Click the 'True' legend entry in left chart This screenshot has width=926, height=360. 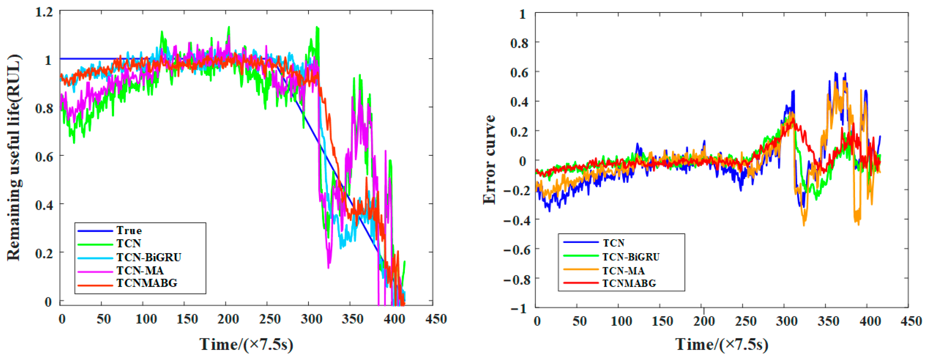[129, 230]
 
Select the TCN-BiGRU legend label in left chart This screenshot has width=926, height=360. [149, 257]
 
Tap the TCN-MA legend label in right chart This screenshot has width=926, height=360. [623, 271]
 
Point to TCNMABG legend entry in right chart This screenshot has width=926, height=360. [629, 283]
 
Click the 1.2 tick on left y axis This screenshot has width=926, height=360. [44, 12]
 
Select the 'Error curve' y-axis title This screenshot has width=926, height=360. [489, 160]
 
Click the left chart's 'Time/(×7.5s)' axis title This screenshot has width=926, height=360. [246, 344]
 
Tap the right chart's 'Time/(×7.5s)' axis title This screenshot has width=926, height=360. [722, 344]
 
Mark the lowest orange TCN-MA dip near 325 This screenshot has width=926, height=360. [804, 225]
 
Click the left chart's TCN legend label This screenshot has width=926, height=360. [128, 244]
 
